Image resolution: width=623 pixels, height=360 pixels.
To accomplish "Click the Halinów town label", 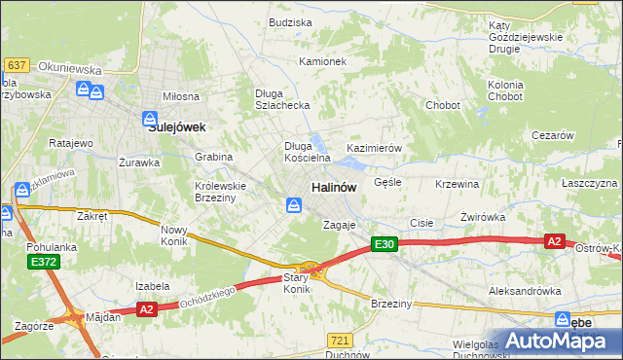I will point(333,186).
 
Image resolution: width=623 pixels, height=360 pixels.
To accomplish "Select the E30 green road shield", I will point(385,245).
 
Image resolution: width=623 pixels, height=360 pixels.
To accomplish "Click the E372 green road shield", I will point(43,263).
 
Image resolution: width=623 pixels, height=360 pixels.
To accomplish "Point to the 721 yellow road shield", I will point(340,340).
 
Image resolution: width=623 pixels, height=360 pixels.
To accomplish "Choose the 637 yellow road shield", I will point(16,64).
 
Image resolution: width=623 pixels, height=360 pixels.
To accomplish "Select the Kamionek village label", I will point(323,61).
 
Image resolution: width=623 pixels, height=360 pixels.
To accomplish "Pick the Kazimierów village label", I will point(375,148).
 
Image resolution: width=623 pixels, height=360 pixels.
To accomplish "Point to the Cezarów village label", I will point(553,136).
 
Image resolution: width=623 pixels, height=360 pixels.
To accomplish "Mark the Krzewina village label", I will point(458,184).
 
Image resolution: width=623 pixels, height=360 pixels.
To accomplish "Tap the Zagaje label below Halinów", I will point(340,225).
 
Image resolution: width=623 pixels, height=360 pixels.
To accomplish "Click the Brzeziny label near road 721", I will point(392,304).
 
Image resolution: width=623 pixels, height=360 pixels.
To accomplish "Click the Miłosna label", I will point(181,96).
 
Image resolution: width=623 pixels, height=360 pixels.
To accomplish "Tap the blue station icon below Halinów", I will point(293,204).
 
